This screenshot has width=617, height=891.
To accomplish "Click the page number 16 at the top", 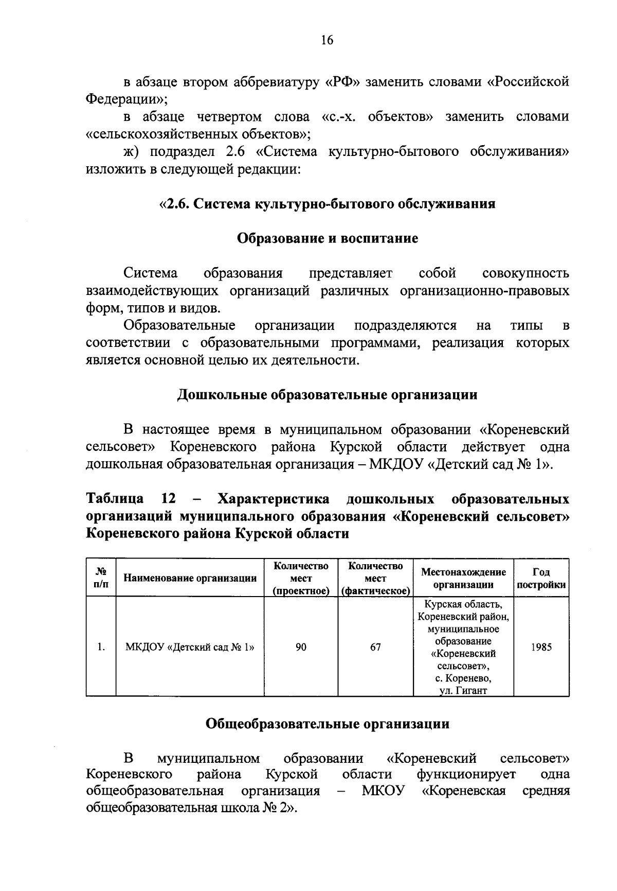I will pyautogui.click(x=327, y=40).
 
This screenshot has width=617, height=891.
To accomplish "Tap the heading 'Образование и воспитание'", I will pyautogui.click(x=327, y=239).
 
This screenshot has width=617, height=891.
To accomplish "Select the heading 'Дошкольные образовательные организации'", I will pyautogui.click(x=327, y=395).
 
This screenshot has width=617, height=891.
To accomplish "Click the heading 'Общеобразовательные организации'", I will pyautogui.click(x=327, y=724).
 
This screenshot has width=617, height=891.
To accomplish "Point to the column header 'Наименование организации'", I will pyautogui.click(x=190, y=578).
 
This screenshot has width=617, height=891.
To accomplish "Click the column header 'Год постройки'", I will pyautogui.click(x=541, y=578).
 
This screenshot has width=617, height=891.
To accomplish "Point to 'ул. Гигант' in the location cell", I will pyautogui.click(x=463, y=691).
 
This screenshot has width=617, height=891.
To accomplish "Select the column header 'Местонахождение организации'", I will pyautogui.click(x=463, y=578).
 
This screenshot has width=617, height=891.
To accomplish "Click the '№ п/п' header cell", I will pyautogui.click(x=101, y=578).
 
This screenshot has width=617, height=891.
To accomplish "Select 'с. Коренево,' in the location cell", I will pyautogui.click(x=463, y=678).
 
